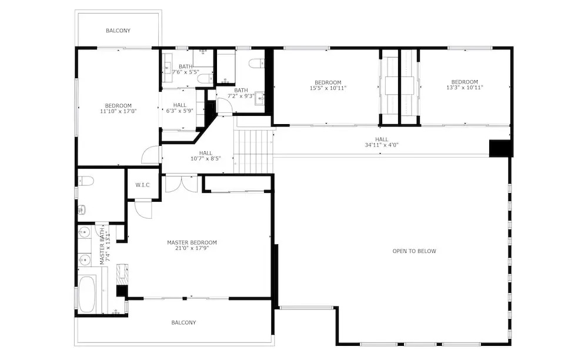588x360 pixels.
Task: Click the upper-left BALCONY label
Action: [x=118, y=31]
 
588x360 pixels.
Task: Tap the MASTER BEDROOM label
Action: [x=192, y=242]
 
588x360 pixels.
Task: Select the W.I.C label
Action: [x=142, y=185]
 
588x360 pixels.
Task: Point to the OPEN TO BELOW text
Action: [x=415, y=251]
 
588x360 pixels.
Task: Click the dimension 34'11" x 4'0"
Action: [x=382, y=145]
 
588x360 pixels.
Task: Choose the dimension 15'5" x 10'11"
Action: [x=328, y=88]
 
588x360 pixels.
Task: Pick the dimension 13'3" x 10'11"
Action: [x=465, y=88]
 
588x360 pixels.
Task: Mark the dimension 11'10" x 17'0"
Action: [x=118, y=111]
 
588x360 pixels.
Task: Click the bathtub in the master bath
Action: [x=87, y=295]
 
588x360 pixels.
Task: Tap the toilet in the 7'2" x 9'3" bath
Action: [x=257, y=63]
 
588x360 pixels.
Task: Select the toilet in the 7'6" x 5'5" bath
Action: [x=205, y=79]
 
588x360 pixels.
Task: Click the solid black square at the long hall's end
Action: [x=500, y=148]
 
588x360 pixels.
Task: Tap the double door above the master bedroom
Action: [x=182, y=184]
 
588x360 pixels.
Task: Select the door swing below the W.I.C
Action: [x=143, y=209]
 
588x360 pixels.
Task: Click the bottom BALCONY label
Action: [x=183, y=322]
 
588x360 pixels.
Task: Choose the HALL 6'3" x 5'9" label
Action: [x=179, y=108]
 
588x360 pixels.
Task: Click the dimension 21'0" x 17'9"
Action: [x=192, y=248]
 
